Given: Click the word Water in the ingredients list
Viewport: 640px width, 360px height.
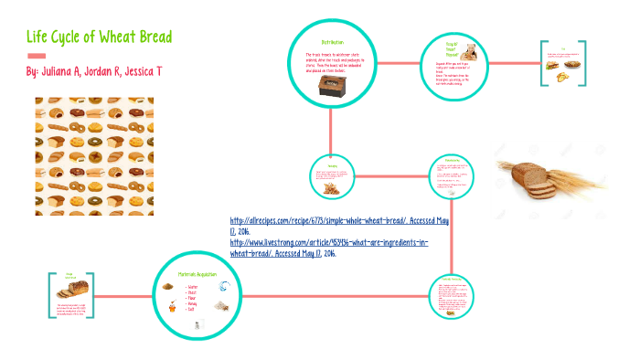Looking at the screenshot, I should click(194, 286).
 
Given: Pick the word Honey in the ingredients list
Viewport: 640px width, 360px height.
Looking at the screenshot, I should click(194, 303).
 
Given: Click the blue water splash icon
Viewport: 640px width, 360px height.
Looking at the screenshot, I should click(225, 286).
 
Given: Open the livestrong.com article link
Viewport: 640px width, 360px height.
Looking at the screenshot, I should click(328, 243).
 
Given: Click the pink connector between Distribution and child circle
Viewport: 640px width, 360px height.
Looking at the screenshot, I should click(398, 64).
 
